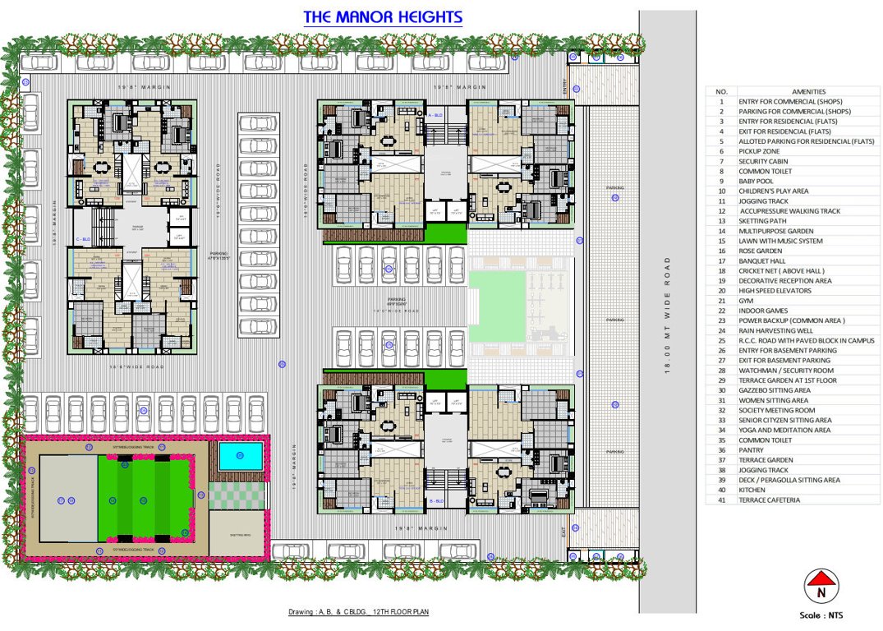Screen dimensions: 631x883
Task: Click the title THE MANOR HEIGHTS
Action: tap(383, 17)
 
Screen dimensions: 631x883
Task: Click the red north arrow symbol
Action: tap(820, 587)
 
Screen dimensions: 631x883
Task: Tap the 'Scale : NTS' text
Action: tap(821, 615)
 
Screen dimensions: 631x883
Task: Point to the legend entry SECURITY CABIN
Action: tap(762, 161)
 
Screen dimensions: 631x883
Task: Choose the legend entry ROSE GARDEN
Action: tap(757, 251)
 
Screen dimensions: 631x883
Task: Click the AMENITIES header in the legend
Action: tap(809, 91)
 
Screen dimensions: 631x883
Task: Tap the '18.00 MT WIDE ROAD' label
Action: tap(666, 315)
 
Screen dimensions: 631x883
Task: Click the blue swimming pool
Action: tap(240, 454)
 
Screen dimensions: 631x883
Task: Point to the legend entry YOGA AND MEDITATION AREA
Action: tap(784, 430)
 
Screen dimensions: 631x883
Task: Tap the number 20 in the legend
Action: tap(721, 291)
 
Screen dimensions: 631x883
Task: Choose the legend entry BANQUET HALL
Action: tap(762, 260)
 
